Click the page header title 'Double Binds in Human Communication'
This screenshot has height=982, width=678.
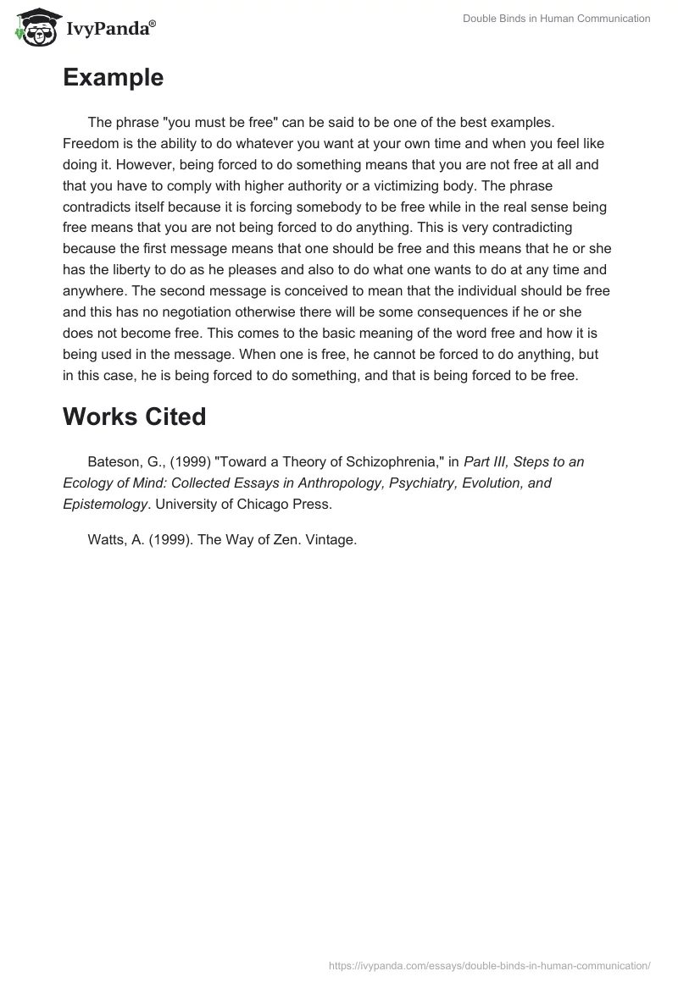[x=556, y=19]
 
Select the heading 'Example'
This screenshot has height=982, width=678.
[x=113, y=78]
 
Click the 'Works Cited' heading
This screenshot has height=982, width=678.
[x=134, y=417]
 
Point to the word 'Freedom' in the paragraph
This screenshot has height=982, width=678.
[x=88, y=144]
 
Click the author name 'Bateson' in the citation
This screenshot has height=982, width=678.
[x=113, y=462]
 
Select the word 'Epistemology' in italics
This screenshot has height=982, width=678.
[x=103, y=504]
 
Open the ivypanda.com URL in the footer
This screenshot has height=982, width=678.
[x=490, y=965]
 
